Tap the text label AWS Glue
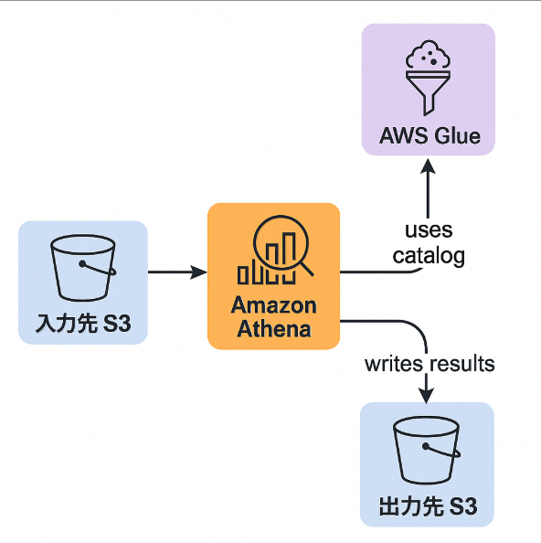429,137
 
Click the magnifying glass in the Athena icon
290,244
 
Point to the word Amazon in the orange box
273,305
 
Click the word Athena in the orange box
273,328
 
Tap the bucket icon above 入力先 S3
83,268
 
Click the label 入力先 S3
82,323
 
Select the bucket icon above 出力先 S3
427,452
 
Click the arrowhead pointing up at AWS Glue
428,167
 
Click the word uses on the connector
429,230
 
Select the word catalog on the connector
429,255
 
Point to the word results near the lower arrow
462,364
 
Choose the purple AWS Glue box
428,90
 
